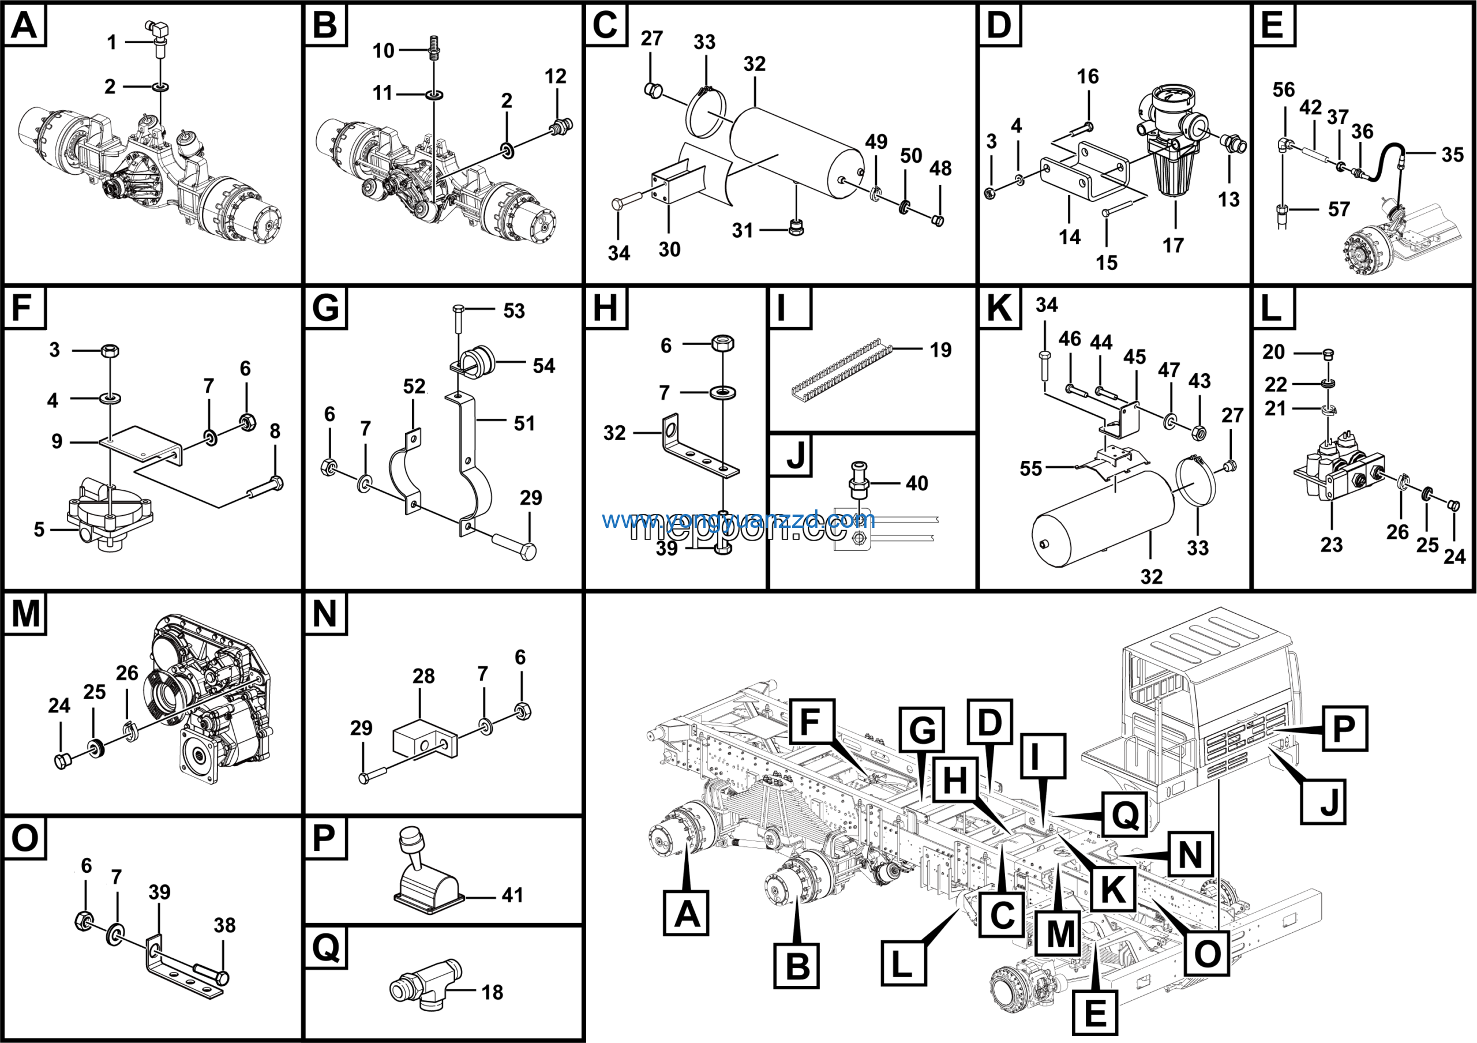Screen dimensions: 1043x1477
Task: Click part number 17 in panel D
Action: click(x=1173, y=245)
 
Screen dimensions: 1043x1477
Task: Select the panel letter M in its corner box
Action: click(x=25, y=613)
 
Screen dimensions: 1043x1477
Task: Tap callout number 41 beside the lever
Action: click(x=512, y=895)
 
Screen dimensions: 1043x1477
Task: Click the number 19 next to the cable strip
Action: click(x=940, y=350)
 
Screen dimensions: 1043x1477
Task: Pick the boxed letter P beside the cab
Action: click(x=1344, y=729)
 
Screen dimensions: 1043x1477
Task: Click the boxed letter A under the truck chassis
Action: click(x=687, y=913)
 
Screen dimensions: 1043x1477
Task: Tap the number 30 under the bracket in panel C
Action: click(x=669, y=249)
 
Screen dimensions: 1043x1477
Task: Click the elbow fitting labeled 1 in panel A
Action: click(x=156, y=29)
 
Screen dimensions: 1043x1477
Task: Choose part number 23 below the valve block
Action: click(x=1331, y=545)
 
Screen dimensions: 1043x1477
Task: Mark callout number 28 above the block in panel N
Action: click(x=423, y=676)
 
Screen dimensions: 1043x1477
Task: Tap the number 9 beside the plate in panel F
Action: click(x=57, y=441)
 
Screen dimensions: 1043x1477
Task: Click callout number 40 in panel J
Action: click(x=917, y=483)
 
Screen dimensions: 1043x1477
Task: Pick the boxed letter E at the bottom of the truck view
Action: click(x=1095, y=1013)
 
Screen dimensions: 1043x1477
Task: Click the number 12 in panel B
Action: click(x=555, y=76)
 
